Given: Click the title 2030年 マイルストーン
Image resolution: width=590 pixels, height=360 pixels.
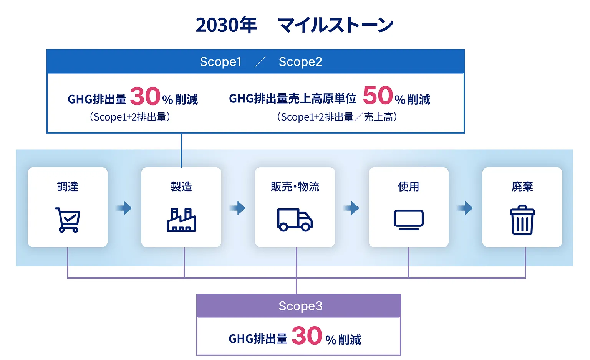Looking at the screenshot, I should (x=295, y=25).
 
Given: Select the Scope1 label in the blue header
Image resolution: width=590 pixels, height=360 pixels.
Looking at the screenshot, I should (x=220, y=62).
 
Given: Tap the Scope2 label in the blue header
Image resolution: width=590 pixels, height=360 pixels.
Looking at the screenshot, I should (x=300, y=62).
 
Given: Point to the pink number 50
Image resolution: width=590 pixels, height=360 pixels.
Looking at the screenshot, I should (x=378, y=96).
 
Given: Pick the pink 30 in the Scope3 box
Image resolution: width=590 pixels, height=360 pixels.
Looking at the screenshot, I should (x=307, y=336).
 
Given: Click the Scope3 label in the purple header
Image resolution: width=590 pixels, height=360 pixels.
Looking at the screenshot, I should (x=300, y=306).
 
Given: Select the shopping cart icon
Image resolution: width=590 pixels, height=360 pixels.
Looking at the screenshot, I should (x=68, y=220).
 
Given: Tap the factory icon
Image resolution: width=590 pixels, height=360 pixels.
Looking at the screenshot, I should (x=181, y=220).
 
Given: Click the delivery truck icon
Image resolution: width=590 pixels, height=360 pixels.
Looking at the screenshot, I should (x=295, y=220).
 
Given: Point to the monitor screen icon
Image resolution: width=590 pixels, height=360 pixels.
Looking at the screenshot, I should (x=408, y=220).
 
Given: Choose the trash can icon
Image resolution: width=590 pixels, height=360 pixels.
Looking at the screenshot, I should (x=522, y=220).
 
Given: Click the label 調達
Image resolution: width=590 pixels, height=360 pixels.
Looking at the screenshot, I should (x=68, y=187).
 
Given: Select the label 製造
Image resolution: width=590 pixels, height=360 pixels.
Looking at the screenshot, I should (x=181, y=187).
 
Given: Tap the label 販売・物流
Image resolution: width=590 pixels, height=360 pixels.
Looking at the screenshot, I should (x=295, y=187).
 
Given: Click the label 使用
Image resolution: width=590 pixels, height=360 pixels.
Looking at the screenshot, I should (x=408, y=187).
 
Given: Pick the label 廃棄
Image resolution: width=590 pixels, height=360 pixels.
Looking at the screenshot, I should (x=522, y=187).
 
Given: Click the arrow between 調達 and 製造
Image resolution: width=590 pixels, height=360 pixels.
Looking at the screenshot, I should (x=124, y=208).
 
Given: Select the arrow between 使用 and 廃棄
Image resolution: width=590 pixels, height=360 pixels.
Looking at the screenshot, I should (x=465, y=208).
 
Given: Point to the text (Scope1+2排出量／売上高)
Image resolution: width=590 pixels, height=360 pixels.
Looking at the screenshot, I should (x=337, y=117).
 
